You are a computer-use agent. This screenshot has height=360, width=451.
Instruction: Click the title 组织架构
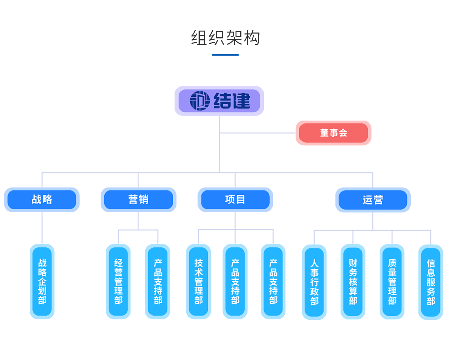pyautogui.click(x=225, y=38)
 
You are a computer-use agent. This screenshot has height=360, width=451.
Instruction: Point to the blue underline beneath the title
pyautogui.click(x=225, y=54)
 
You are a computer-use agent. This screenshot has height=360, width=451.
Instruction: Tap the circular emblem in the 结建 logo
pyautogui.click(x=200, y=101)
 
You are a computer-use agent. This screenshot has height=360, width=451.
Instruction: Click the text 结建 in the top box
pyautogui.click(x=232, y=101)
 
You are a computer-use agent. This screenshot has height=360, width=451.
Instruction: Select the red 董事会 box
pyautogui.click(x=333, y=133)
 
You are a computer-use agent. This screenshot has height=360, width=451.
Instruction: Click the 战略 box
pyautogui.click(x=42, y=200)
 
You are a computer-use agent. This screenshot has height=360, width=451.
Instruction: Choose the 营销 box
pyautogui.click(x=138, y=200)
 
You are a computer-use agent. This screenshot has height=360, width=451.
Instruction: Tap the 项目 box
pyautogui.click(x=235, y=200)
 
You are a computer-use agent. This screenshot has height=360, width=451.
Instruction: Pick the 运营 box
pyautogui.click(x=373, y=200)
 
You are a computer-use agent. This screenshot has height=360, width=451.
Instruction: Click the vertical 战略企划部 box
pyautogui.click(x=42, y=281)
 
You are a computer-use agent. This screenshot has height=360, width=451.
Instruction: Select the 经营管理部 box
pyautogui.click(x=118, y=281)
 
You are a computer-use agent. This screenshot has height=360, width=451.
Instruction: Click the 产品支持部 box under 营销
pyautogui.click(x=158, y=281)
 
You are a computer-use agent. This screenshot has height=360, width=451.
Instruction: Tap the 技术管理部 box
pyautogui.click(x=198, y=281)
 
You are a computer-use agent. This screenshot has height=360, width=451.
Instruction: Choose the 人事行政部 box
pyautogui.click(x=314, y=282)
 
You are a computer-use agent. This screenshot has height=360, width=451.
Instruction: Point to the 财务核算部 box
pyautogui.click(x=353, y=282)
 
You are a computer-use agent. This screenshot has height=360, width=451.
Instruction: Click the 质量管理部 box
pyautogui.click(x=392, y=282)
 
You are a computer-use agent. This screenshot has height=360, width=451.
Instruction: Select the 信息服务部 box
pyautogui.click(x=431, y=282)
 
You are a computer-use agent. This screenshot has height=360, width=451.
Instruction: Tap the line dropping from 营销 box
pyautogui.click(x=138, y=220)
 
